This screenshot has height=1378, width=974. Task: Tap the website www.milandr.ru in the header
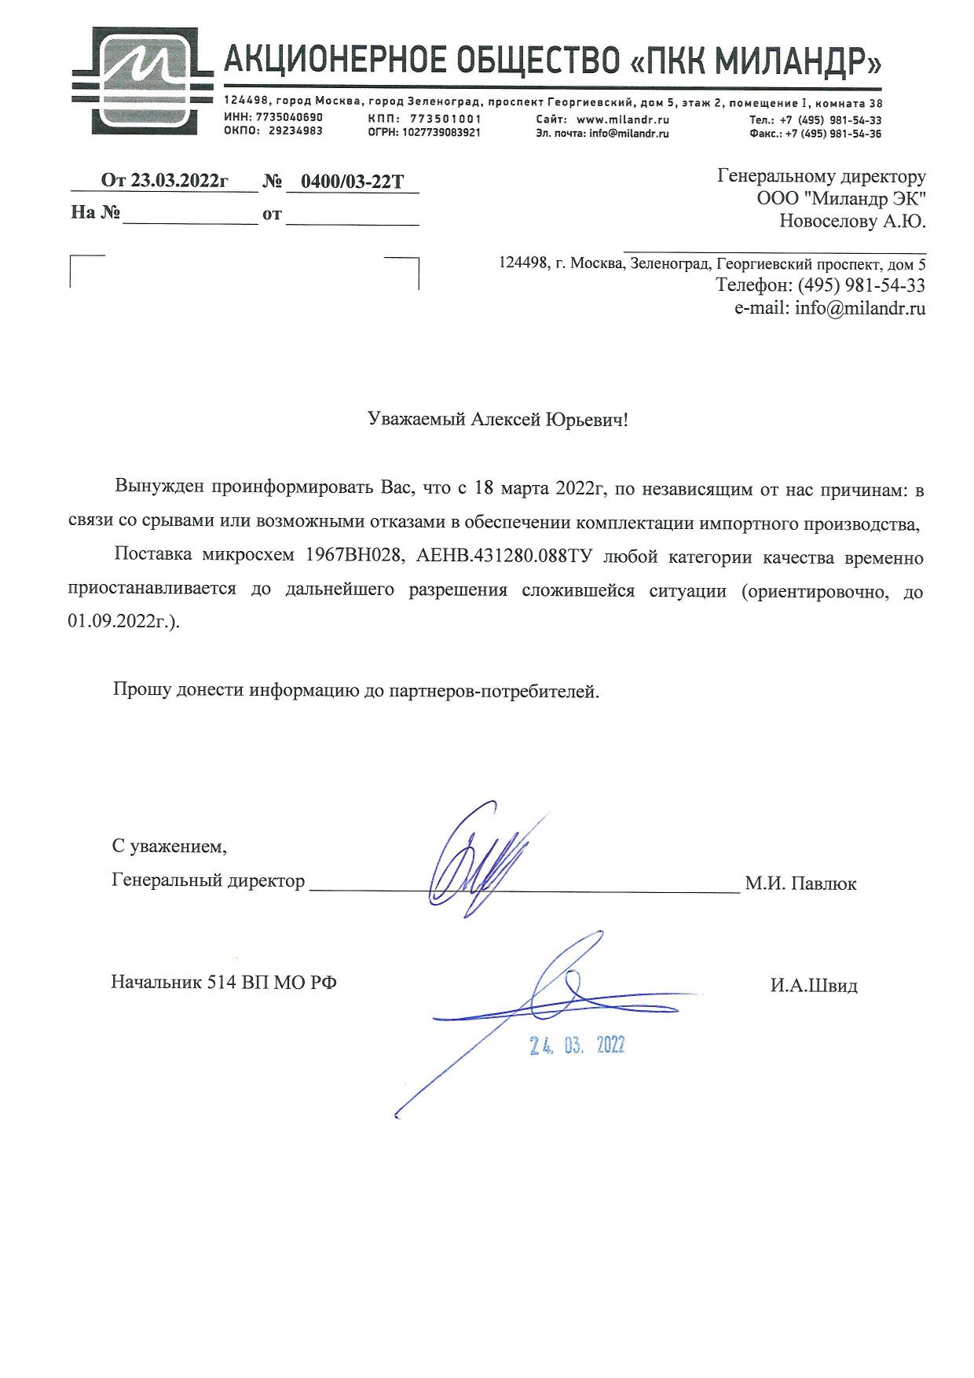(622, 119)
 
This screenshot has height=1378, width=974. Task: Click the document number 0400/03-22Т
(353, 182)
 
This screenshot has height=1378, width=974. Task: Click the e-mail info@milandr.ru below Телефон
(860, 308)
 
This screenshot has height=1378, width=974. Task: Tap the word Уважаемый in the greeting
(417, 419)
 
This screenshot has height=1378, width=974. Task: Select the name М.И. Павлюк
(800, 883)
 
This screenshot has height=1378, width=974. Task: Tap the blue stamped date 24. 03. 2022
(577, 1045)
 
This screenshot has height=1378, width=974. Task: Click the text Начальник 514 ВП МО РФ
(224, 982)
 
